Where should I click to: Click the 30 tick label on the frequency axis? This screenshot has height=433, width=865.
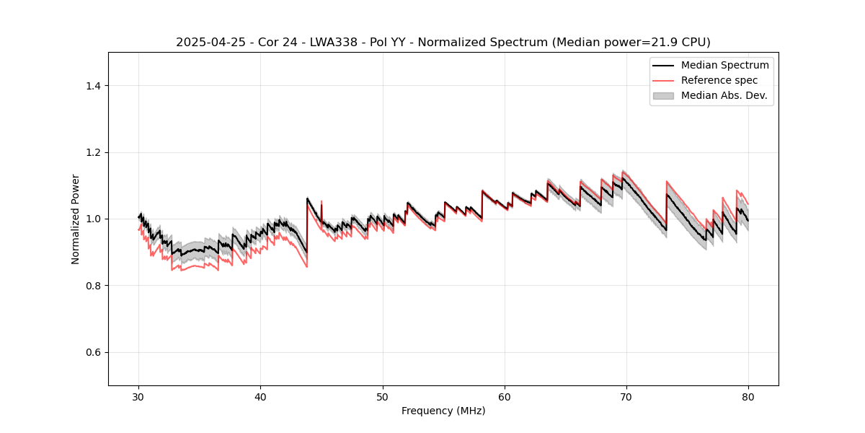pyautogui.click(x=139, y=396)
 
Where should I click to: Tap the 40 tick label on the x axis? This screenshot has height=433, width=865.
pyautogui.click(x=261, y=396)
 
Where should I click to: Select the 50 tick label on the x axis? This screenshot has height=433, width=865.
pyautogui.click(x=383, y=396)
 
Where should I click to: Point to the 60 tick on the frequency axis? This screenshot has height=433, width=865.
pyautogui.click(x=505, y=396)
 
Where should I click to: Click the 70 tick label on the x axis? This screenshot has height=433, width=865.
pyautogui.click(x=626, y=396)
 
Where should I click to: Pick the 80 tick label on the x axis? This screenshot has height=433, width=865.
pyautogui.click(x=748, y=396)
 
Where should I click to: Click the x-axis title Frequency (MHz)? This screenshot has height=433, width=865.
pyautogui.click(x=443, y=411)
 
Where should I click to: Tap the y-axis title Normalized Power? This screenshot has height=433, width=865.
pyautogui.click(x=76, y=219)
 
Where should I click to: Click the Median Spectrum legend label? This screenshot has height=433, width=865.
pyautogui.click(x=724, y=66)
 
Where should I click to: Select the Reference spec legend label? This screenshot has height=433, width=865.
pyautogui.click(x=719, y=80)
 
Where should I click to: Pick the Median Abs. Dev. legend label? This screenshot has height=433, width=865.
pyautogui.click(x=724, y=95)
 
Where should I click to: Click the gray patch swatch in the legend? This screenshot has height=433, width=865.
pyautogui.click(x=663, y=95)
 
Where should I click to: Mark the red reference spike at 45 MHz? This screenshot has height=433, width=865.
pyautogui.click(x=321, y=201)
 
